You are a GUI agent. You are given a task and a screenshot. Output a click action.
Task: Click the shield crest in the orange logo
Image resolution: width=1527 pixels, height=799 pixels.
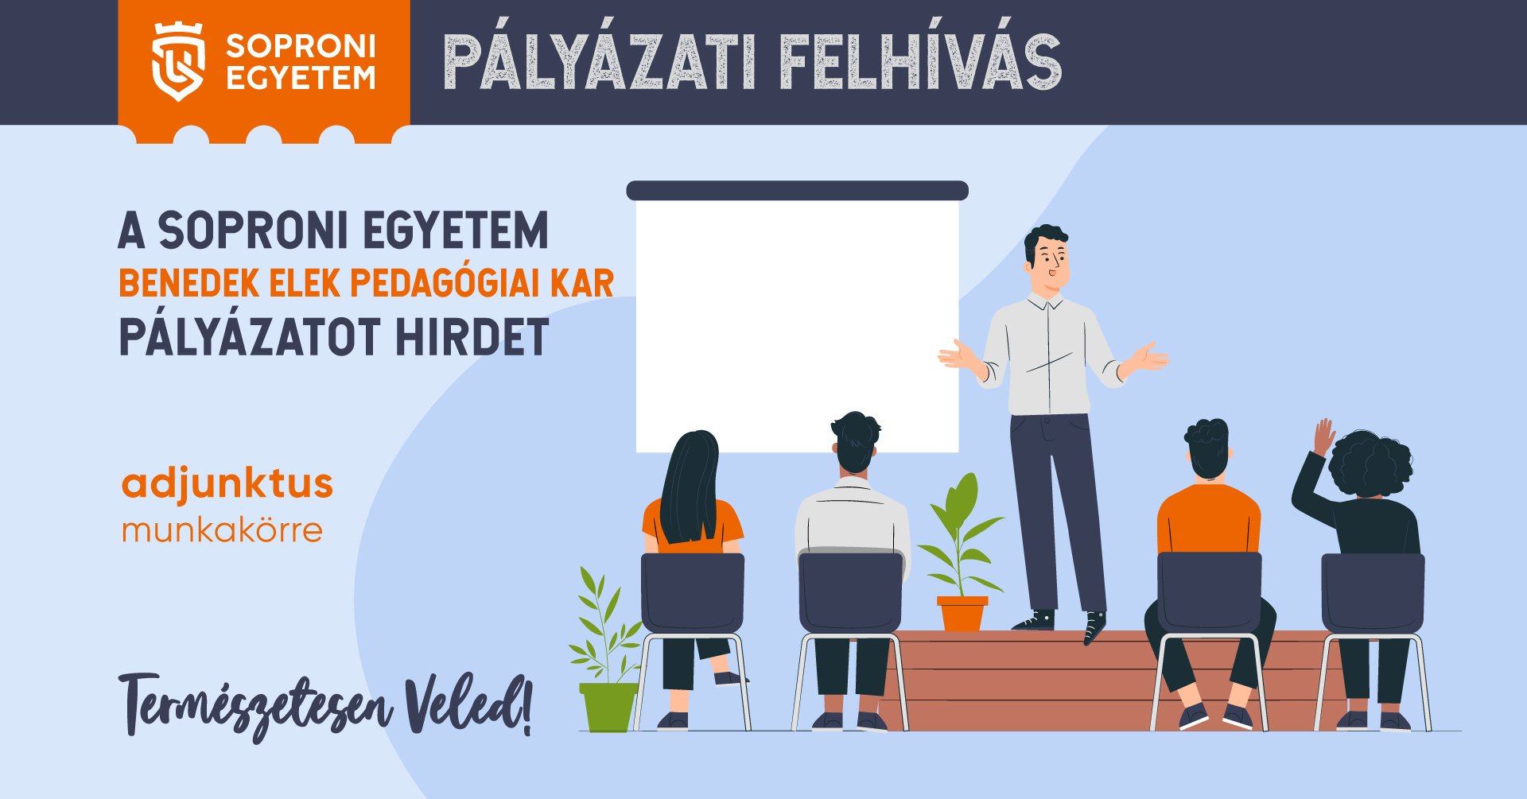point(178,62)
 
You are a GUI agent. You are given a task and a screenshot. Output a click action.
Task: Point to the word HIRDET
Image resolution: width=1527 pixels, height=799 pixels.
point(472,337)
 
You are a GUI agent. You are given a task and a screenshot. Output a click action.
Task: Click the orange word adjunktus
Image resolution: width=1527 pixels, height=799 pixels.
point(227,484)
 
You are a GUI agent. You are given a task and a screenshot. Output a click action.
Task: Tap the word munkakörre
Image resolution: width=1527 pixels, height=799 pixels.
point(222,529)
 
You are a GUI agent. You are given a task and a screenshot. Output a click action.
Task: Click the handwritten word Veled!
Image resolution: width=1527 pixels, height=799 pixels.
point(468,704)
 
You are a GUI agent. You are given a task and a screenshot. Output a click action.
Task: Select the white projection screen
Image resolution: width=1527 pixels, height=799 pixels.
point(797,326)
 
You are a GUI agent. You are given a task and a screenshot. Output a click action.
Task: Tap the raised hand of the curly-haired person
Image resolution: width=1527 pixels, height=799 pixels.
point(1323,436)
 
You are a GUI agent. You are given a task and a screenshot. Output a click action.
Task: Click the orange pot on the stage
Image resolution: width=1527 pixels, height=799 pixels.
point(962,613)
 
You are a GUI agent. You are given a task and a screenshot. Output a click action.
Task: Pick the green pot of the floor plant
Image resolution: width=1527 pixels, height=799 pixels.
point(609,707)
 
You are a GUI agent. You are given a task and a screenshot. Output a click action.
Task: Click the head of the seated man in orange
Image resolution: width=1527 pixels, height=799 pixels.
point(1208,449)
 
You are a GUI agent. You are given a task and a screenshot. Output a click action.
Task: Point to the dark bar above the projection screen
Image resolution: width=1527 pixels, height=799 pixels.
point(797,191)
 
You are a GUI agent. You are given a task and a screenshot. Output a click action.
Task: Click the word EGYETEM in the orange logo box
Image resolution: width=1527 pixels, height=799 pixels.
point(301,78)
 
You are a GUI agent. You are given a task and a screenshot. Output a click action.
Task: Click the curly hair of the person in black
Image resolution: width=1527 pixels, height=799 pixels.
point(1370,464)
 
